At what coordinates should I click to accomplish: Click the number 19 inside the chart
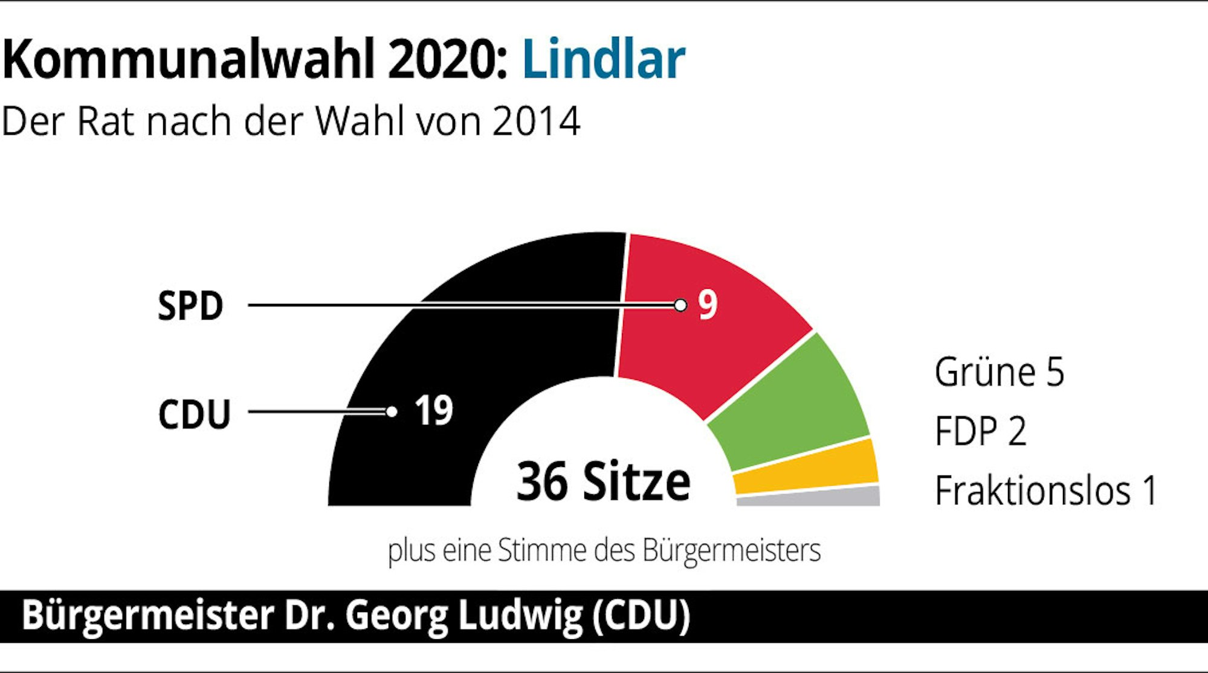tap(433, 411)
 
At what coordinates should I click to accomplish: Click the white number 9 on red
tap(708, 304)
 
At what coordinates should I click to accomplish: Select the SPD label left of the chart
tap(190, 306)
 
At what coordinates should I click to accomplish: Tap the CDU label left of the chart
tap(194, 414)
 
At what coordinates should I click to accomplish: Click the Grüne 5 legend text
tap(999, 372)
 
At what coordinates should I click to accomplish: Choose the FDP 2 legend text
tap(980, 431)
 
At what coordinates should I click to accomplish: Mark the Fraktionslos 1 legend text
tap(1045, 490)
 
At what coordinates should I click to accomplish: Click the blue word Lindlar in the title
tap(603, 59)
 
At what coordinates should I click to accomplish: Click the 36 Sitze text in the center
tap(603, 481)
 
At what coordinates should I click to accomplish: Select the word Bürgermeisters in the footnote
tap(731, 550)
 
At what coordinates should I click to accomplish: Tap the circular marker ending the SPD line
tap(680, 305)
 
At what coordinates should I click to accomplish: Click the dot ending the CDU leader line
tap(392, 412)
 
